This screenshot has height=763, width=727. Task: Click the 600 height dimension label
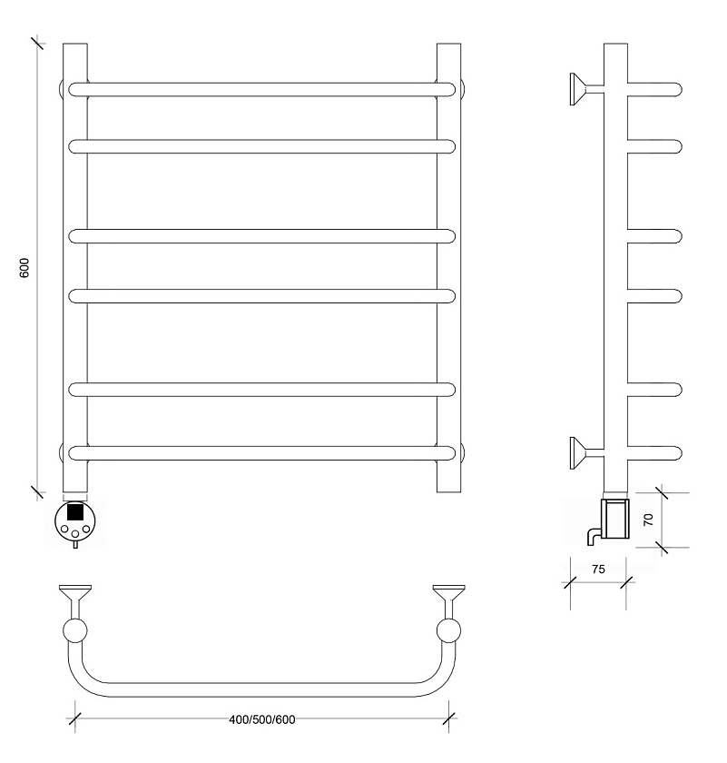click(x=25, y=268)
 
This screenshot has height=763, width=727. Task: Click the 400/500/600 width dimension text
click(x=262, y=719)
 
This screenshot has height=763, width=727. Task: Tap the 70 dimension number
click(x=648, y=520)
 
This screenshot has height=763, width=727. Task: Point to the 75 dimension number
click(x=599, y=569)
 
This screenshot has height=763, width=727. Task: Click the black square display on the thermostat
click(x=74, y=511)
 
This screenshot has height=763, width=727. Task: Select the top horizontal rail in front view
click(x=262, y=90)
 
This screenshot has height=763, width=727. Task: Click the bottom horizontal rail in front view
click(x=262, y=453)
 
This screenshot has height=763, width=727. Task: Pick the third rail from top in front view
click(x=262, y=236)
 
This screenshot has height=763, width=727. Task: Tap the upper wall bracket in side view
click(x=586, y=89)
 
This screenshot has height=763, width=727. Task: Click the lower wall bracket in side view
click(x=586, y=453)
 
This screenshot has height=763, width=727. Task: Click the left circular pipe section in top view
click(x=75, y=630)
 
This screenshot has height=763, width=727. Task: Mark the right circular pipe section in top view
click(x=449, y=630)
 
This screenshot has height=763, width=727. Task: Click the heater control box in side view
click(x=615, y=519)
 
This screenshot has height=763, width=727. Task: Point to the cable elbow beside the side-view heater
click(x=594, y=536)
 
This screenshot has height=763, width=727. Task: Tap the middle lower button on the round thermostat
click(x=75, y=534)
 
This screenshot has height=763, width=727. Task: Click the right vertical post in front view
click(x=449, y=268)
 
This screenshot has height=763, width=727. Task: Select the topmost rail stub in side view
click(x=654, y=90)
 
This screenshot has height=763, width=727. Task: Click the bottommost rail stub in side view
click(x=654, y=453)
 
